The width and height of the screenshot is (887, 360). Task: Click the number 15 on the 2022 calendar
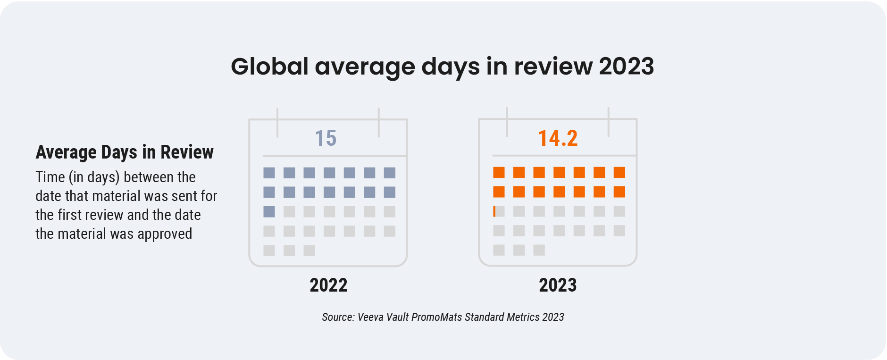[326, 138]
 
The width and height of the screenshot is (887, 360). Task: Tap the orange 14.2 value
[558, 138]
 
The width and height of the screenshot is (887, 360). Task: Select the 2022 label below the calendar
[328, 285]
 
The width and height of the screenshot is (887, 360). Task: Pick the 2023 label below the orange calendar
[558, 285]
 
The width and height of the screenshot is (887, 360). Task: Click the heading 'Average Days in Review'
[125, 152]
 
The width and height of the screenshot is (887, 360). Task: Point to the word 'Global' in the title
[269, 67]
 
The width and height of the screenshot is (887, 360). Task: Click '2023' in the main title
[626, 67]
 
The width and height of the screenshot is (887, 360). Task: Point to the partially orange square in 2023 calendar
[499, 211]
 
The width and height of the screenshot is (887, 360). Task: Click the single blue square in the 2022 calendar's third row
[269, 212]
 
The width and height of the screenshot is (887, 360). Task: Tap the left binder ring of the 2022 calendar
[277, 122]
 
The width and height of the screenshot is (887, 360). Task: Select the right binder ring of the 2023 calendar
[608, 122]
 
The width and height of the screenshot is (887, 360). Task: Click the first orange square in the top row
[499, 173]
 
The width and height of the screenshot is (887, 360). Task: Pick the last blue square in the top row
[390, 173]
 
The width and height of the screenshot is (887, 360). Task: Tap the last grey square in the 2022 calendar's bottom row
[310, 251]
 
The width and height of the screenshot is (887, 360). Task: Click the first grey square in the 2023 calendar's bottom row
[499, 250]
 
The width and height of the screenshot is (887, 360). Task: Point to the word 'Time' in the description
[50, 177]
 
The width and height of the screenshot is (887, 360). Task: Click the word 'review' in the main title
[553, 67]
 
